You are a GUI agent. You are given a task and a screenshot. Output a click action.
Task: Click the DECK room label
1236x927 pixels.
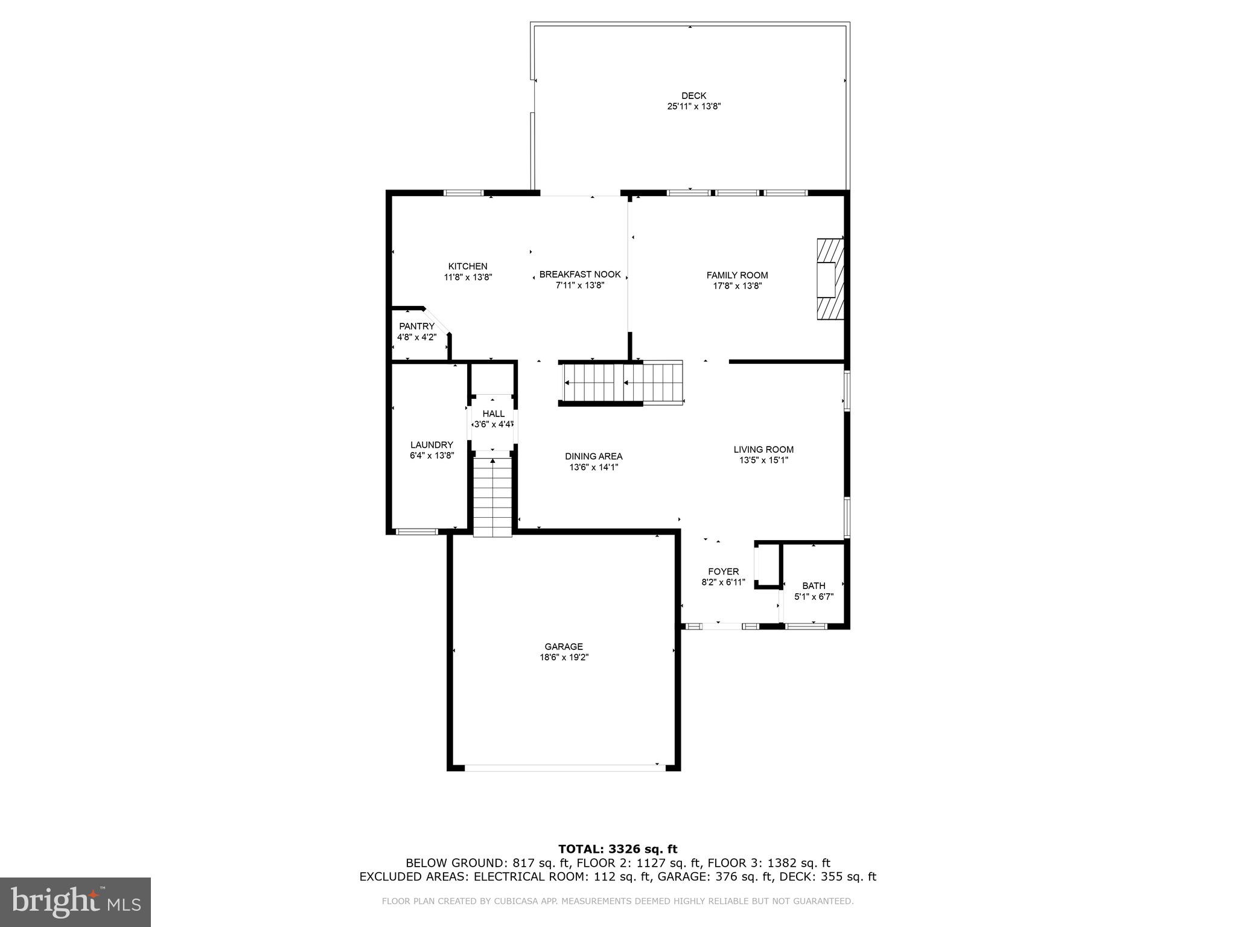pos(693,96)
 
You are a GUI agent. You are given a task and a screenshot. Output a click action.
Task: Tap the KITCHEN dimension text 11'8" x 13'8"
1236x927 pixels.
pos(468,278)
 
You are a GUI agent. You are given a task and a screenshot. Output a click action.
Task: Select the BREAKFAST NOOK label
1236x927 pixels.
pos(580,275)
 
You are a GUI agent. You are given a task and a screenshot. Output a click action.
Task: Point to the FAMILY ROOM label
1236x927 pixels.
pos(737,275)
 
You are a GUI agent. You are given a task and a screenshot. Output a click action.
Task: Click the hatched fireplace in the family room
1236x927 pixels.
pos(830,279)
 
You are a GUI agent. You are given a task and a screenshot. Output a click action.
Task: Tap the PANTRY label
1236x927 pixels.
pos(416,327)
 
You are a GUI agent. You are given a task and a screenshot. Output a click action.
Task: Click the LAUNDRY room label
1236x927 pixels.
pos(432,445)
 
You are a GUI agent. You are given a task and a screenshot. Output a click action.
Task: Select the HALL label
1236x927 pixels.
pos(493,414)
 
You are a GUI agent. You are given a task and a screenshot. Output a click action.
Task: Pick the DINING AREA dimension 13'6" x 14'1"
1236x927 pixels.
pos(593,467)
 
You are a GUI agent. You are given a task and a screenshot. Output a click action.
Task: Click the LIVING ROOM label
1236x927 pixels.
pos(763,450)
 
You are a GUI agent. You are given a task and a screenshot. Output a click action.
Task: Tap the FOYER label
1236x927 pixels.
pos(723,572)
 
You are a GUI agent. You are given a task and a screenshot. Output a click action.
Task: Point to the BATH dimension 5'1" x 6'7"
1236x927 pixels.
pos(814,597)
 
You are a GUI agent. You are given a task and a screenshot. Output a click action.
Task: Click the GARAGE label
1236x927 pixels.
pos(564,647)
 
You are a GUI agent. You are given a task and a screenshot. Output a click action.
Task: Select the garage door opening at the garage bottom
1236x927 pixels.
pos(564,768)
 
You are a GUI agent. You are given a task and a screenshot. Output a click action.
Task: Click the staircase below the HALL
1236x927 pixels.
pos(492,498)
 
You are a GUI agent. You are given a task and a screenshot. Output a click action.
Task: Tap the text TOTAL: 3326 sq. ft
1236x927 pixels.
pos(617,850)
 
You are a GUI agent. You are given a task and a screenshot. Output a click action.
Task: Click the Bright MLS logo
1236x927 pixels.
pos(75,902)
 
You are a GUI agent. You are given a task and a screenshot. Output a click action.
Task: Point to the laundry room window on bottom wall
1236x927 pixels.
pos(416,532)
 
